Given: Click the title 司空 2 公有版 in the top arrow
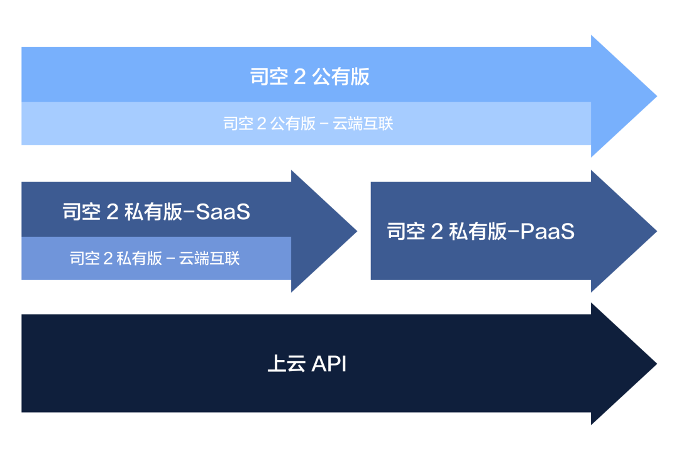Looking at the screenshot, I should coord(309,77).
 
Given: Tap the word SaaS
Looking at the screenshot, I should coord(223,212).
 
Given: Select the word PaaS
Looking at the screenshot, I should coord(548,232).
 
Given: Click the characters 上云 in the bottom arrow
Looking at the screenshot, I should coord(286,364).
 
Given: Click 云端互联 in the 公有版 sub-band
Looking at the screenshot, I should coord(363,123).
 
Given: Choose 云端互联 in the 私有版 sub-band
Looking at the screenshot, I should coord(209,258).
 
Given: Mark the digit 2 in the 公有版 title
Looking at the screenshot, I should coord(300,77).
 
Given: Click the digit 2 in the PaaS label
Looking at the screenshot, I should coord(437,232).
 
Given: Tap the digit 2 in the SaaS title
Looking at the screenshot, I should coord(113,212).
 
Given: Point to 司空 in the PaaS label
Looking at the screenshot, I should coord(406,232).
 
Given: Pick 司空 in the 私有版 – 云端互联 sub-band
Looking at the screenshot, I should coord(85,258).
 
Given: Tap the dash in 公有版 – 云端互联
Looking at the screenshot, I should coord(324,124).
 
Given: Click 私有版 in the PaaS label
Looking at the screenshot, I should coord(477,232).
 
